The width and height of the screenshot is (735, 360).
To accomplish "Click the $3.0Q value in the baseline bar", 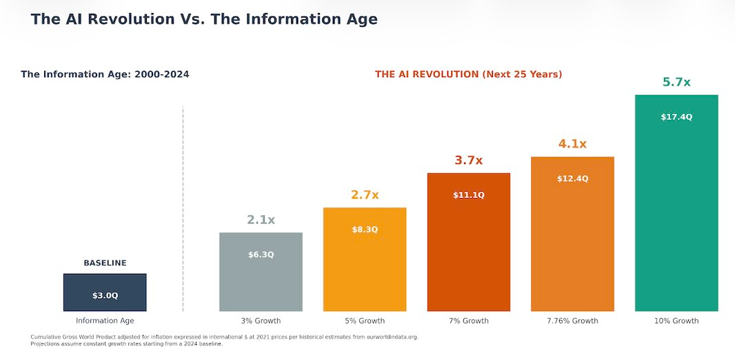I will click(105, 296).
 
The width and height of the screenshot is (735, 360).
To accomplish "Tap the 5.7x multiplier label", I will click(676, 82).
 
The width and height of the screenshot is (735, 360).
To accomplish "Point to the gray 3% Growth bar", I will click(261, 283).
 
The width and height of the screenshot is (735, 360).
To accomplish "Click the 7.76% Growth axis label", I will click(572, 321).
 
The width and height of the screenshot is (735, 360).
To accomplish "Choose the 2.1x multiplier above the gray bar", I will click(261, 220).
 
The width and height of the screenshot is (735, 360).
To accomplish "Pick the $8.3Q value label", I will click(365, 230).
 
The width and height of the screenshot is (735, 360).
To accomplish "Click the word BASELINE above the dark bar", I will click(105, 263).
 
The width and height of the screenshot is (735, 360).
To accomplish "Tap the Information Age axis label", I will click(105, 321).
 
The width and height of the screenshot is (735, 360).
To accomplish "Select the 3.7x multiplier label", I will click(468, 161).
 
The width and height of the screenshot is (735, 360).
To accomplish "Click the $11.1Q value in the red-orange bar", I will click(468, 195).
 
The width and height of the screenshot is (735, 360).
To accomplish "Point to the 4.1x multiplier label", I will click(572, 144).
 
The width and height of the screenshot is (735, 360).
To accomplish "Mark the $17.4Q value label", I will click(676, 117).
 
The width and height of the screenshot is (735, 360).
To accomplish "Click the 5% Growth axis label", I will click(365, 321).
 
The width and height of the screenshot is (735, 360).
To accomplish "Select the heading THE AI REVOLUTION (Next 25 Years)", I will click(468, 74).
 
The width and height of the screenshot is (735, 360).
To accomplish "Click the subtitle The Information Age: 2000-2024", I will click(105, 74).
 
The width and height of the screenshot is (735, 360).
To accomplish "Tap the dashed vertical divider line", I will click(183, 207).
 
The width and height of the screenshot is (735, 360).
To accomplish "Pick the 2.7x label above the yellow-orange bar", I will click(365, 195).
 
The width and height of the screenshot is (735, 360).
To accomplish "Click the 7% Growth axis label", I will click(468, 321).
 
